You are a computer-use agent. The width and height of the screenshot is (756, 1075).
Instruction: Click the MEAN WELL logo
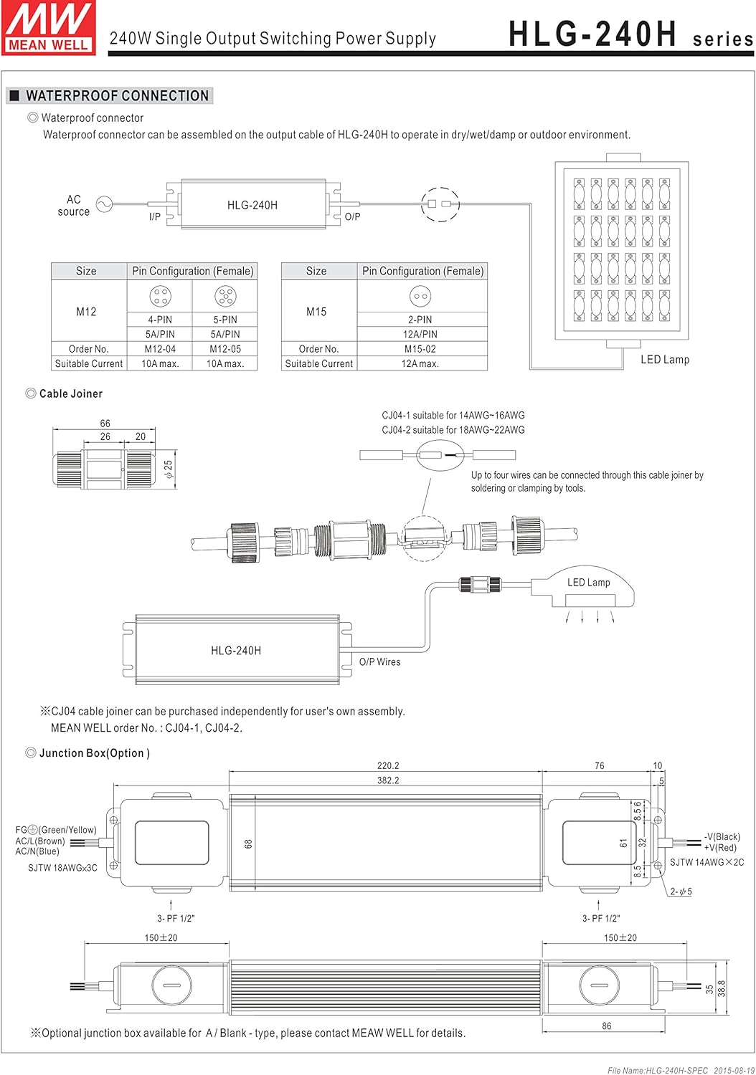coord(49,27)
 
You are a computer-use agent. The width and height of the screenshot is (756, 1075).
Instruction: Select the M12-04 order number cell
coord(160,349)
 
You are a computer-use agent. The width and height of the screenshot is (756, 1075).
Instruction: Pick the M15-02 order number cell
coord(420,349)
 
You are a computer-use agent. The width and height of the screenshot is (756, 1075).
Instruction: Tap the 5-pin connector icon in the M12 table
coord(225,295)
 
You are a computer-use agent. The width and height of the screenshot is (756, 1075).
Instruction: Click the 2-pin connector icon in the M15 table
coord(420,296)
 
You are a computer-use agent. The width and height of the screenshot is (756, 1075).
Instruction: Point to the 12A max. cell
coord(420,363)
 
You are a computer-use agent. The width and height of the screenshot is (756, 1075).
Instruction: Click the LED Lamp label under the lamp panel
coord(664,360)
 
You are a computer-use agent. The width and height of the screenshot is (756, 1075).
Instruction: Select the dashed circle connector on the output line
coord(439,204)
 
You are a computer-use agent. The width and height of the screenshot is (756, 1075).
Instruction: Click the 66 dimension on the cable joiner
coord(105,424)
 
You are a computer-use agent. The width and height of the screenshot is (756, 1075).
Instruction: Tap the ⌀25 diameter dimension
coord(169,469)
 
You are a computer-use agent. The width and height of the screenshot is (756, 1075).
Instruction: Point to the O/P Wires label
coord(379,662)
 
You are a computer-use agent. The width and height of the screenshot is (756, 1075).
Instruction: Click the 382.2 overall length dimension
coord(388,780)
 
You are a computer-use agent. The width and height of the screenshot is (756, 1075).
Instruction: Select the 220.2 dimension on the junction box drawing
coord(388,765)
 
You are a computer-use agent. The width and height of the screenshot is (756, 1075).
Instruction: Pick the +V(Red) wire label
coord(720,848)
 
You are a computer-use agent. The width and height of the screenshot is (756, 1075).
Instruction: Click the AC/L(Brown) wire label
coord(40,841)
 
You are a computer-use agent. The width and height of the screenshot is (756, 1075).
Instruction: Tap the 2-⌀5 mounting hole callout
coord(681,892)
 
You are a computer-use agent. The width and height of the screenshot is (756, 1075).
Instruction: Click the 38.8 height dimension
coord(722,988)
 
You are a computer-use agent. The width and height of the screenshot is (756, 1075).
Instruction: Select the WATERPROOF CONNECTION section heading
coord(117,96)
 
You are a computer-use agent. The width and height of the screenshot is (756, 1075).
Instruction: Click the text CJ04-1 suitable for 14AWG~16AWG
coord(453,416)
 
